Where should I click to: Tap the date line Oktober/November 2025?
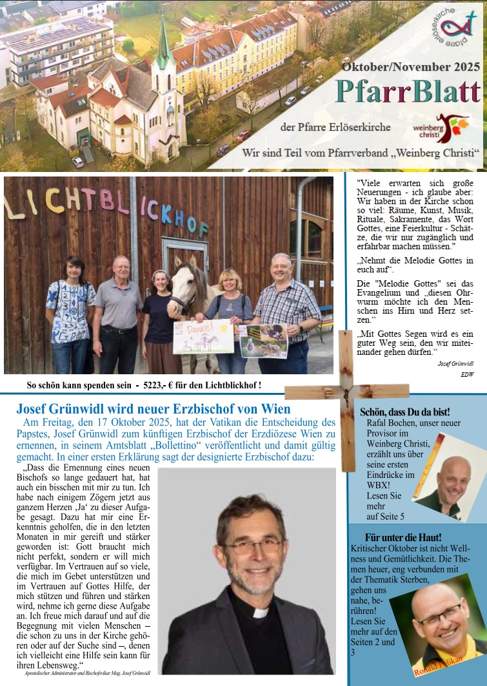click(411, 66)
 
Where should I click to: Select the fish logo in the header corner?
click(454, 27)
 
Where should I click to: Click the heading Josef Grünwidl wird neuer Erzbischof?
click(154, 408)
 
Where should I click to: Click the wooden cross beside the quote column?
click(347, 393)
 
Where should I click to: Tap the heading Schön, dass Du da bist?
click(404, 412)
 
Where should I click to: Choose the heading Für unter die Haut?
click(403, 537)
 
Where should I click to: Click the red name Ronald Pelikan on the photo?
click(439, 665)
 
